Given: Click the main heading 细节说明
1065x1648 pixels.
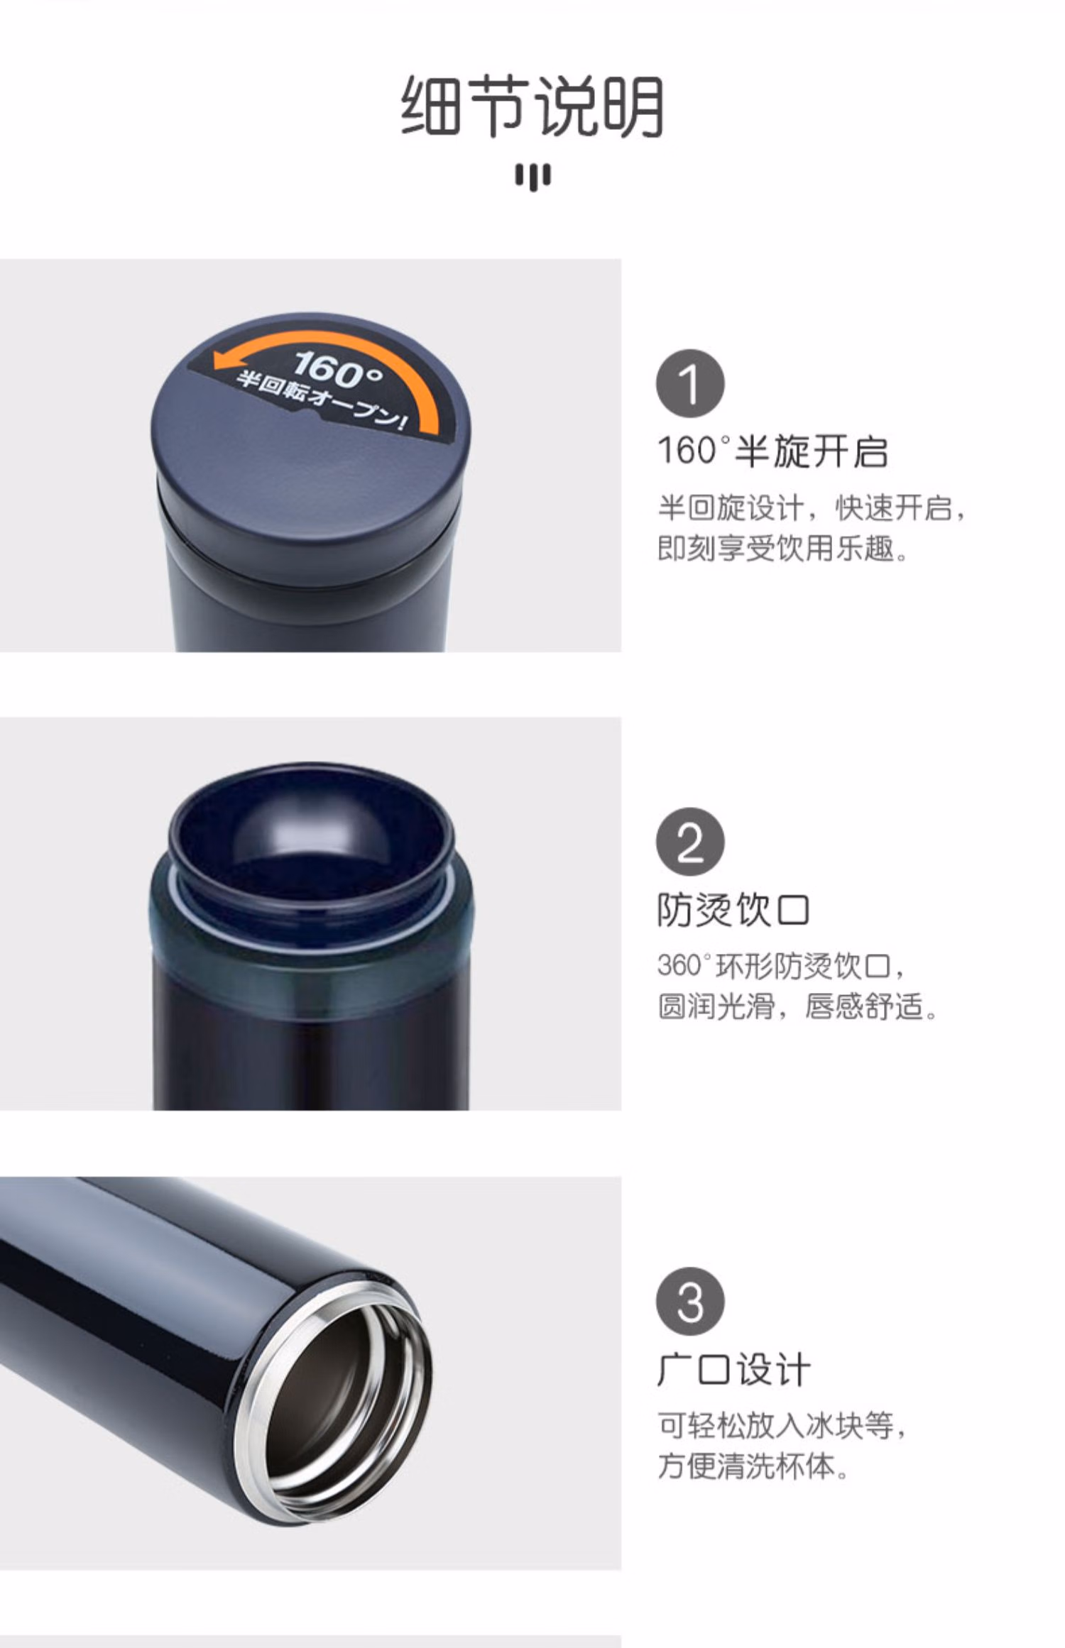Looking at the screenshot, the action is (x=532, y=106).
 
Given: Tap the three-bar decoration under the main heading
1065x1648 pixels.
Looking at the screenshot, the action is (x=532, y=177).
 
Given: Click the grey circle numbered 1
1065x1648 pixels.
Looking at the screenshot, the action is (x=690, y=383).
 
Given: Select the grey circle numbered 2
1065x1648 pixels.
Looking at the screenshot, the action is (x=690, y=842).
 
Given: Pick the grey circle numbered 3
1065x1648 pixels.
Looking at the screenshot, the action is (x=690, y=1302).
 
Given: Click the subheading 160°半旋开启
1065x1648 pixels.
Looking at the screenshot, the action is (x=773, y=451).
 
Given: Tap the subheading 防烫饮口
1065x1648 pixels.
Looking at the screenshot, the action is (x=733, y=910).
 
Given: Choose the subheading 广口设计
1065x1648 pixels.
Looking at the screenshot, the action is (x=733, y=1370).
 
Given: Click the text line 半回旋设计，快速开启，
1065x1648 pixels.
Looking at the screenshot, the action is (x=812, y=508).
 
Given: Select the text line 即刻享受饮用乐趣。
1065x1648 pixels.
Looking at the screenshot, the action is (x=783, y=549).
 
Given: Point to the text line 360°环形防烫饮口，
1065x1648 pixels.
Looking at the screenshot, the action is (x=781, y=966).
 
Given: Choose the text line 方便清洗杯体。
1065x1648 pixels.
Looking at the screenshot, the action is (x=753, y=1466).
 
